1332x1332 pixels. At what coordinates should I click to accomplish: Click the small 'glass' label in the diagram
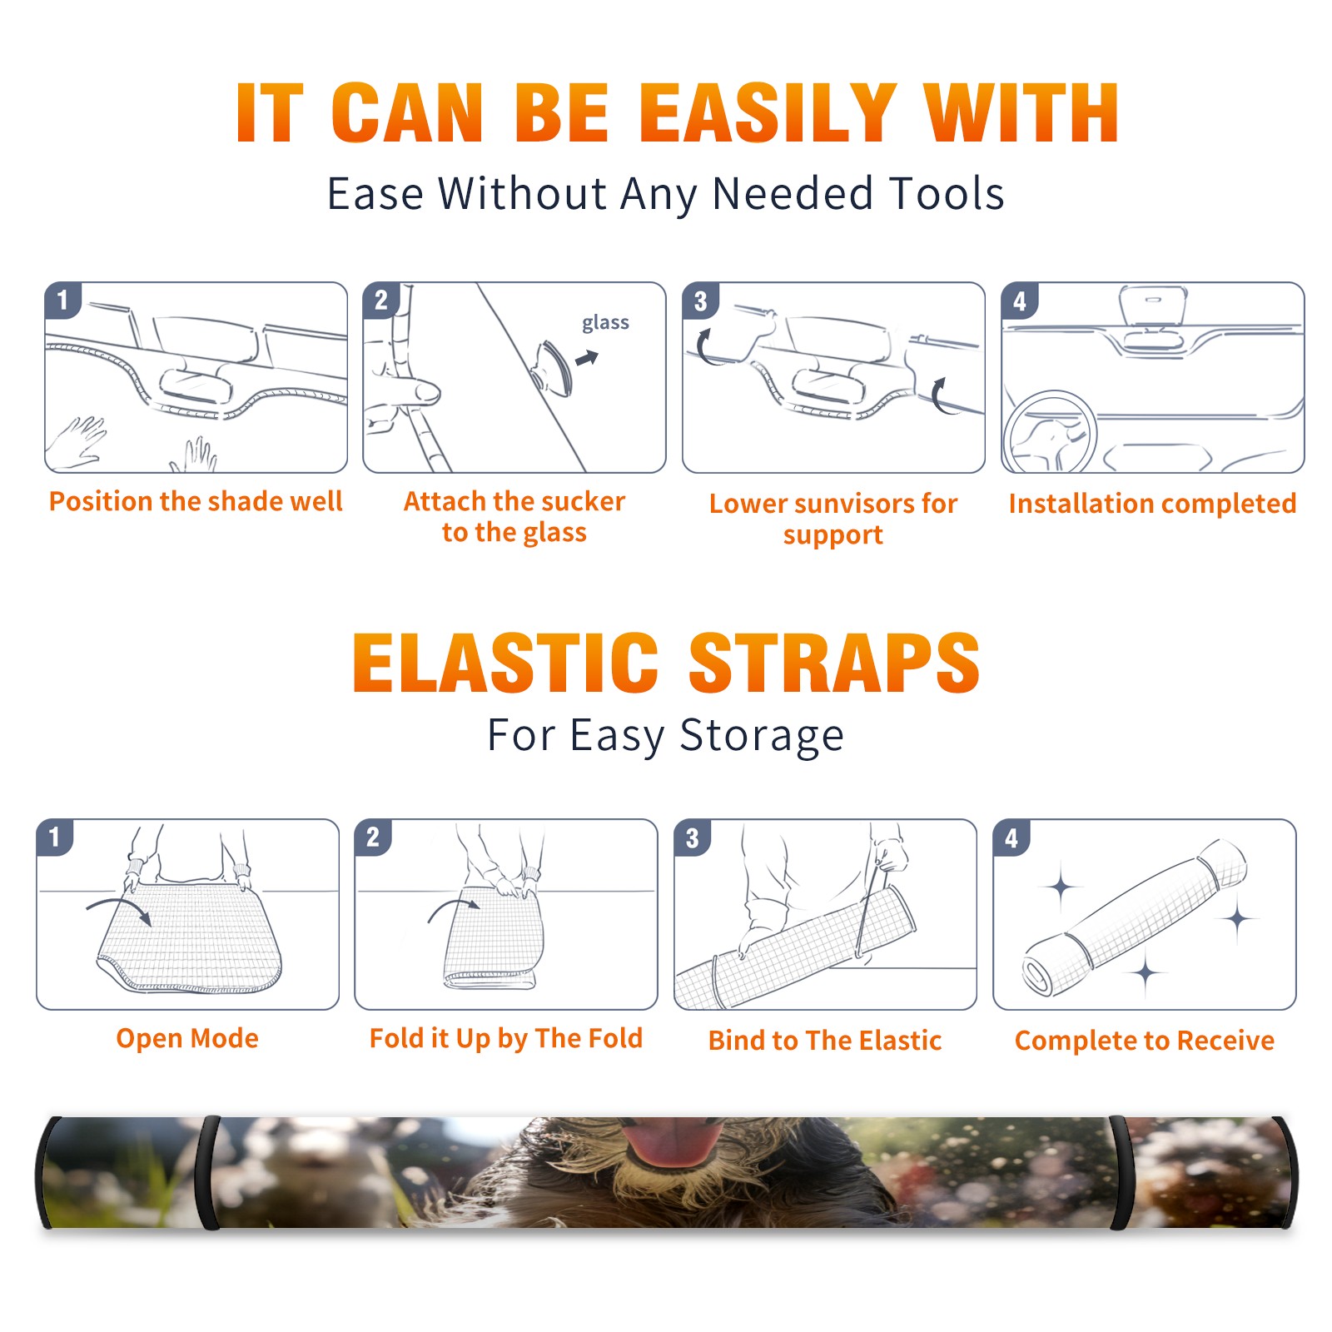[x=605, y=323]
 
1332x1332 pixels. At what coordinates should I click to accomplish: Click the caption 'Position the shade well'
[x=196, y=501]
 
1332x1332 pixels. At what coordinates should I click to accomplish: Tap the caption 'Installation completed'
[x=1152, y=504]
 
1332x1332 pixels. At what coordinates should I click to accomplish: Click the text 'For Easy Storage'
[x=665, y=736]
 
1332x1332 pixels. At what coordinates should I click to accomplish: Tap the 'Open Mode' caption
[x=187, y=1038]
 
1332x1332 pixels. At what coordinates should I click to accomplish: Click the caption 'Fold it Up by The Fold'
[x=506, y=1038]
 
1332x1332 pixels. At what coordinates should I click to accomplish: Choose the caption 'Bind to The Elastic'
[x=825, y=1041]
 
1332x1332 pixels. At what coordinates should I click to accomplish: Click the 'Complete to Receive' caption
[x=1145, y=1041]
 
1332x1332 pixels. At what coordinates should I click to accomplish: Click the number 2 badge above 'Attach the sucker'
[x=381, y=300]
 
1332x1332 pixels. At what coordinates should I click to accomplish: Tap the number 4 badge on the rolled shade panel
[x=1011, y=837]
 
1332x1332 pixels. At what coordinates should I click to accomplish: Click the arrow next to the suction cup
[x=587, y=359]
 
